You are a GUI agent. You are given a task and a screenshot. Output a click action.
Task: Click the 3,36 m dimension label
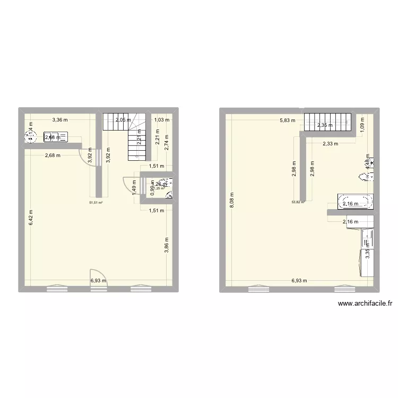pos(59,120)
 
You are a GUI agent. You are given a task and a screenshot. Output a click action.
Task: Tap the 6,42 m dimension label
pos(31,217)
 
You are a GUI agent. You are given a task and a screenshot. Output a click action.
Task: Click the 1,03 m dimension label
pos(162,120)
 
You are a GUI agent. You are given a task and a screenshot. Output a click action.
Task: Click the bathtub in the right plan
pos(356,202)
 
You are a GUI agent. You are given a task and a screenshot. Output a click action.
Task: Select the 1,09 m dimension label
pos(362,127)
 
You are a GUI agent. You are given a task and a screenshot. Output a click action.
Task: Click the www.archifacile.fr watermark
pos(365,304)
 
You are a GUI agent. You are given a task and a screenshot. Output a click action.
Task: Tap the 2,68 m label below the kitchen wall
pos(52,155)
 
